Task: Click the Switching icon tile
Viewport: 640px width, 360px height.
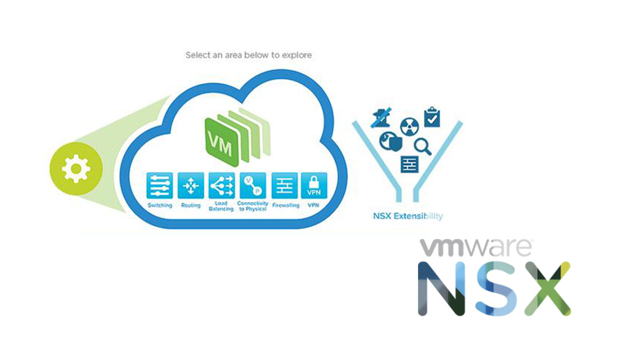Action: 160,185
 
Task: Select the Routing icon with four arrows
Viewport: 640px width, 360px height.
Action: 190,185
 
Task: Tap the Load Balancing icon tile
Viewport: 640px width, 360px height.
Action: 221,185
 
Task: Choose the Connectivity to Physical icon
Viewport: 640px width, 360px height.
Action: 252,185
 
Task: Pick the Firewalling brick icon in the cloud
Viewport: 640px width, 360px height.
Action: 284,185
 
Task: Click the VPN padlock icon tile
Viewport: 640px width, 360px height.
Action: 314,185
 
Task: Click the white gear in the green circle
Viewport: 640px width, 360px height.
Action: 75,169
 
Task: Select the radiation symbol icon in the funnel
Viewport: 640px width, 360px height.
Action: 409,127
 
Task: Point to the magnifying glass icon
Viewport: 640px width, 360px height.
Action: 423,146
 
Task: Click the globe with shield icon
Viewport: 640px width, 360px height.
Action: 390,141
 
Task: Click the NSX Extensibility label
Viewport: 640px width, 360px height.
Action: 407,216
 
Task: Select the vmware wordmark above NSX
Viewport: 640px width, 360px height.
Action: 475,247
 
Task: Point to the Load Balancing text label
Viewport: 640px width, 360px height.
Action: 221,206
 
